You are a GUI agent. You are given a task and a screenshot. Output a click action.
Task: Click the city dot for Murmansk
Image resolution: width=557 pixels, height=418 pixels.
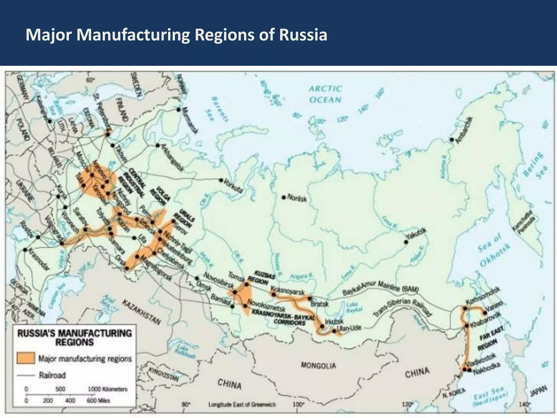(x=178, y=109)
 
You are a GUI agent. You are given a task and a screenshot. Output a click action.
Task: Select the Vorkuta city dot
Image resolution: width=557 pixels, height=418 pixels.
(x=221, y=180)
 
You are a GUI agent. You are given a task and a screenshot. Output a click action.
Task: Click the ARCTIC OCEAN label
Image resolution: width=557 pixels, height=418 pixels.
(x=325, y=94)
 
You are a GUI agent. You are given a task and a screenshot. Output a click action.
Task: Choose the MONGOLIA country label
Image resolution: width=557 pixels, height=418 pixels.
(x=318, y=365)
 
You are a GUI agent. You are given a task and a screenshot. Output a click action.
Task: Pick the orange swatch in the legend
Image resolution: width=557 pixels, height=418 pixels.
(x=26, y=358)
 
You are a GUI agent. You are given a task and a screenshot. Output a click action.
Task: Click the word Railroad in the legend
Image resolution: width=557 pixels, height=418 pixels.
(x=52, y=376)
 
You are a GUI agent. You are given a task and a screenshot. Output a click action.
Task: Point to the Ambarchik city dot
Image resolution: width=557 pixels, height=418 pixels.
(x=452, y=140)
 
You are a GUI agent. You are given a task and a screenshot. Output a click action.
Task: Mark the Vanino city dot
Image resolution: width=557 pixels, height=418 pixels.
(x=485, y=313)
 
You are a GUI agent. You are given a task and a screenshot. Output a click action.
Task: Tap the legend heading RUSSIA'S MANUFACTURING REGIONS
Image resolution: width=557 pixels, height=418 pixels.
(x=75, y=338)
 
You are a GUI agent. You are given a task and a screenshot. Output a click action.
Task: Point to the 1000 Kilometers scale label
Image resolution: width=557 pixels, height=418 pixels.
(x=108, y=389)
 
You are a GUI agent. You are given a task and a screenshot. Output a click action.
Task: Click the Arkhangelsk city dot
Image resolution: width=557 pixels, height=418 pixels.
(x=157, y=145)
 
